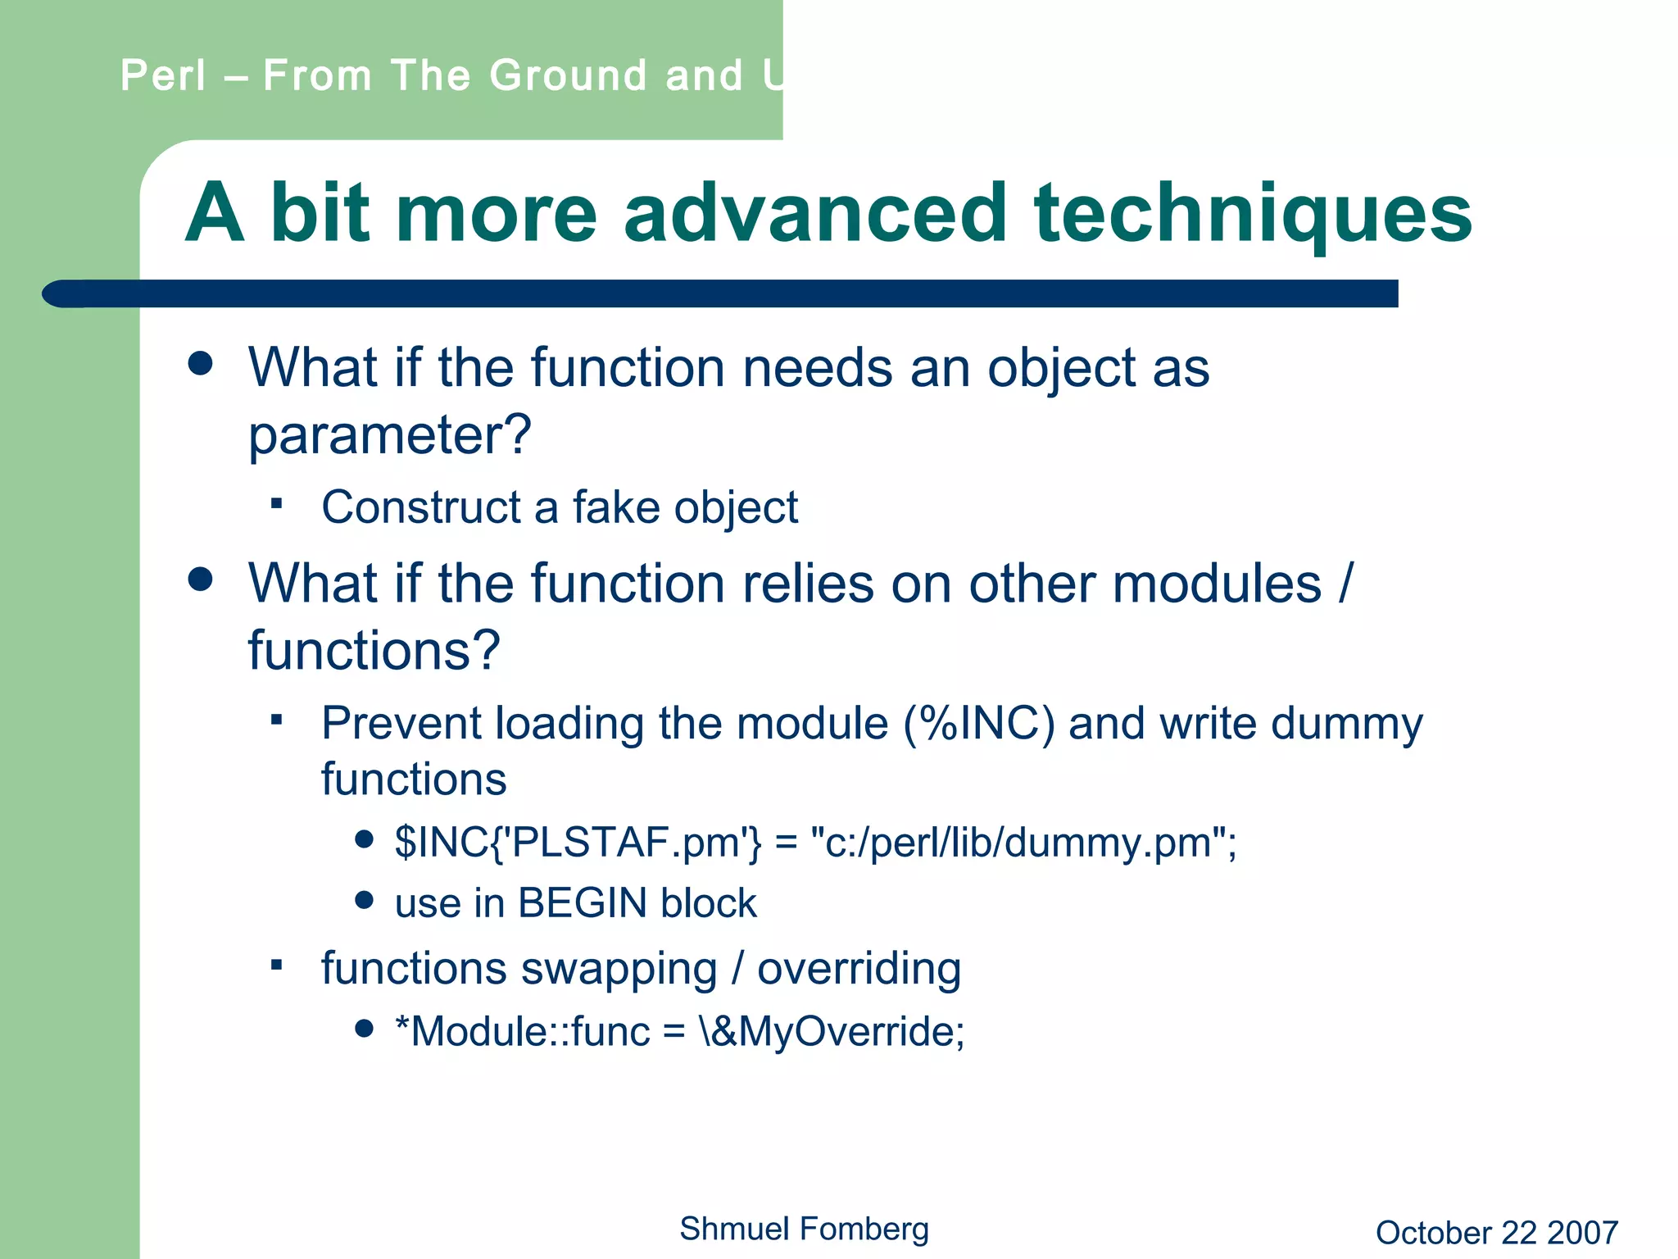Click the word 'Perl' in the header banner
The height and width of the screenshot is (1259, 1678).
pyautogui.click(x=163, y=76)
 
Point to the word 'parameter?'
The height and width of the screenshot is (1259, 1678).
pyautogui.click(x=390, y=435)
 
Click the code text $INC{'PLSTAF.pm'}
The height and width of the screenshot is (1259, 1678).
pyautogui.click(x=578, y=843)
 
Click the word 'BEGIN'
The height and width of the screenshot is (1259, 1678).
pyautogui.click(x=583, y=903)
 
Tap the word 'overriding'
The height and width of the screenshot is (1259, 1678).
pyautogui.click(x=859, y=969)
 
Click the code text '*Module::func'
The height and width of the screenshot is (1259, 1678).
pyautogui.click(x=522, y=1031)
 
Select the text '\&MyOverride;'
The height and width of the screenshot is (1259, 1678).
pyautogui.click(x=832, y=1031)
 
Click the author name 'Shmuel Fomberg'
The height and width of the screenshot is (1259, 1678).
pyautogui.click(x=804, y=1229)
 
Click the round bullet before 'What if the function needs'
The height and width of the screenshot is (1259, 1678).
pyautogui.click(x=201, y=364)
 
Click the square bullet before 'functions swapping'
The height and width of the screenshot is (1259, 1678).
pyautogui.click(x=277, y=965)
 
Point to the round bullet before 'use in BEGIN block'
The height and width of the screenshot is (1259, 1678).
pyautogui.click(x=365, y=902)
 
